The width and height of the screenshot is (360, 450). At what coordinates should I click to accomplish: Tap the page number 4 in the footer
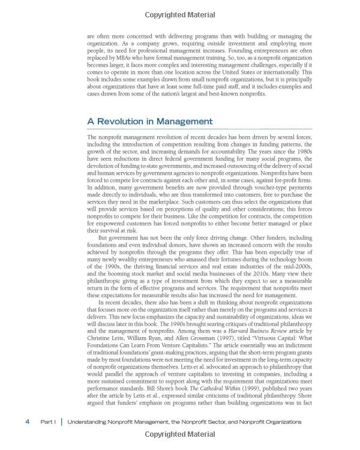click(x=28, y=422)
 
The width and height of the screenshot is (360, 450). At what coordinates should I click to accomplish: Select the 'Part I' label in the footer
click(x=48, y=422)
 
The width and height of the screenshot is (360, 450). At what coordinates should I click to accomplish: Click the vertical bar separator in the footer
click(x=61, y=422)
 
